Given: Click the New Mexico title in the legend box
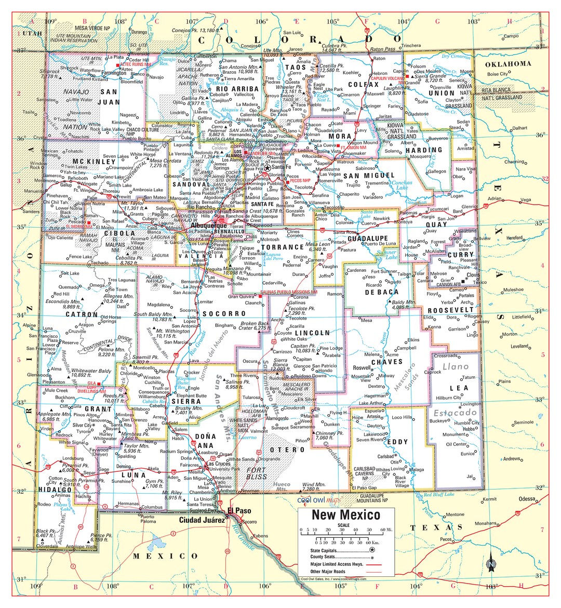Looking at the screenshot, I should [x=345, y=515].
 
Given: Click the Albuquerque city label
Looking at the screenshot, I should [x=209, y=226].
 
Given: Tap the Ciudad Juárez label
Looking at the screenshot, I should [x=202, y=520].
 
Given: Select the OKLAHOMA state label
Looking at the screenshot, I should [x=507, y=64].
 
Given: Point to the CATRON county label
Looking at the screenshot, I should [x=81, y=314].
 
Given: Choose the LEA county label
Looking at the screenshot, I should [x=459, y=388].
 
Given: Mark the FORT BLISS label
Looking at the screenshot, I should [x=257, y=473].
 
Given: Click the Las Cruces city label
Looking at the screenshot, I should [x=219, y=464].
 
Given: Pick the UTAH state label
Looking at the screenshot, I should [x=33, y=33].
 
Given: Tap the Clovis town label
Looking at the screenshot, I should [x=473, y=275].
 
